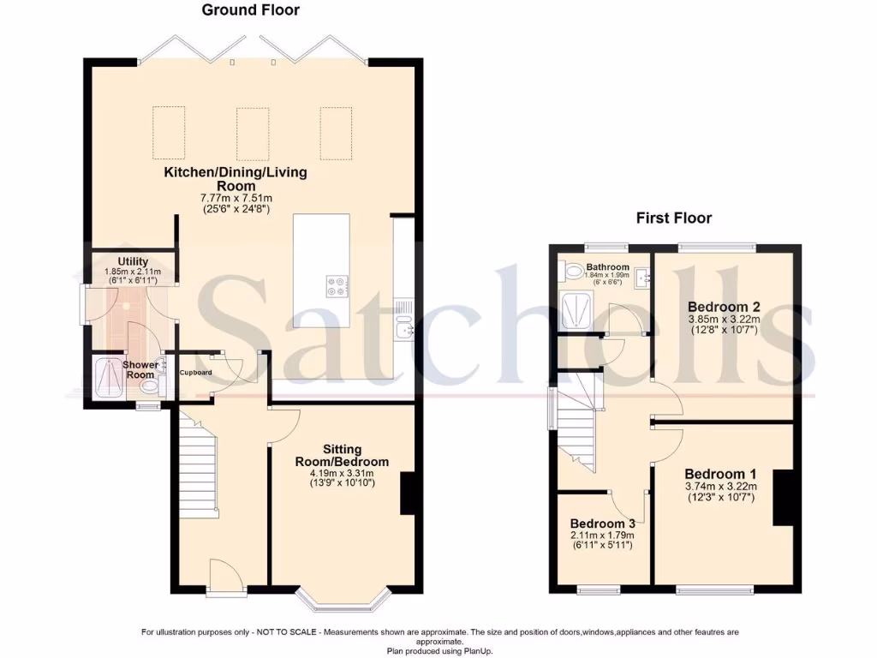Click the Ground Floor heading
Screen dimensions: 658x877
click(x=251, y=10)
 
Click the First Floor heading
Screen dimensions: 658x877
click(x=673, y=218)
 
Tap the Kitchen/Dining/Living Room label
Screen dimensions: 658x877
click(x=236, y=179)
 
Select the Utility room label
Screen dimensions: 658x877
click(x=134, y=261)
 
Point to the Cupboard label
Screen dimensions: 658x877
click(x=195, y=373)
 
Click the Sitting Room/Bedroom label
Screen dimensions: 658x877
click(x=342, y=455)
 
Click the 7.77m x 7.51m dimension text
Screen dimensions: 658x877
click(x=236, y=197)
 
